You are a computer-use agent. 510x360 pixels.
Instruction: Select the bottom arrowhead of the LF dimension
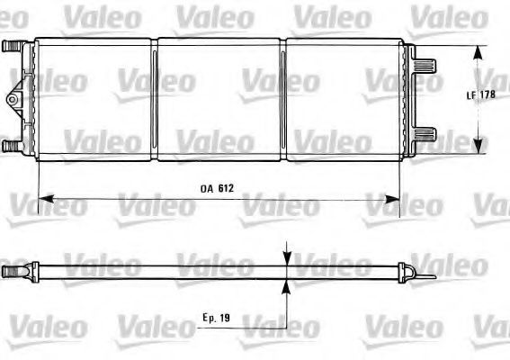coord(476,149)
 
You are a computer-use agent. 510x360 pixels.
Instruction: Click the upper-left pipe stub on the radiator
coord(10,46)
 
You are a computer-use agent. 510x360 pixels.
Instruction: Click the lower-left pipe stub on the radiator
coord(10,144)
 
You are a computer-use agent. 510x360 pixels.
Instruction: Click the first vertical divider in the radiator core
coord(155,99)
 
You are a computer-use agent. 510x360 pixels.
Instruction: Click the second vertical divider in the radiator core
coord(282,99)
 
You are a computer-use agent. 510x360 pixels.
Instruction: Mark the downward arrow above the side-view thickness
coord(287,256)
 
